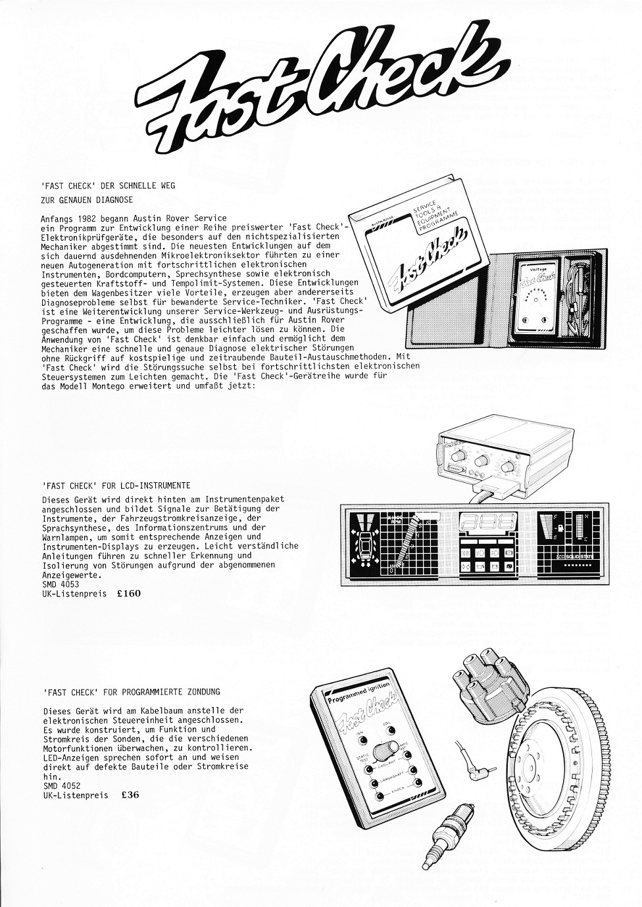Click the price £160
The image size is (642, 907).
128,593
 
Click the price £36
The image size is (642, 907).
130,795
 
